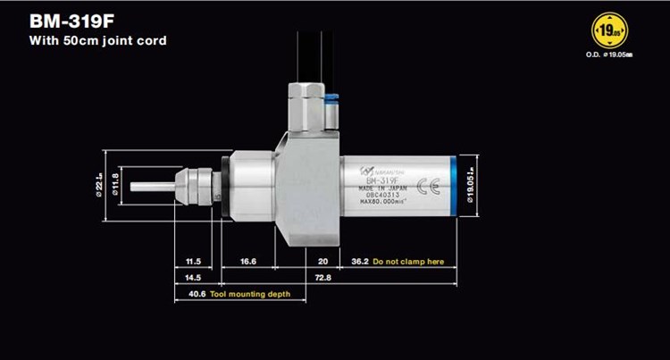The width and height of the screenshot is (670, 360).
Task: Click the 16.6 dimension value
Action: (249, 263)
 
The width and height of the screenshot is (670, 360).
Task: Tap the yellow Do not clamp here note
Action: (408, 263)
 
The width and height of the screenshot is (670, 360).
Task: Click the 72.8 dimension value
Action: (323, 279)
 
